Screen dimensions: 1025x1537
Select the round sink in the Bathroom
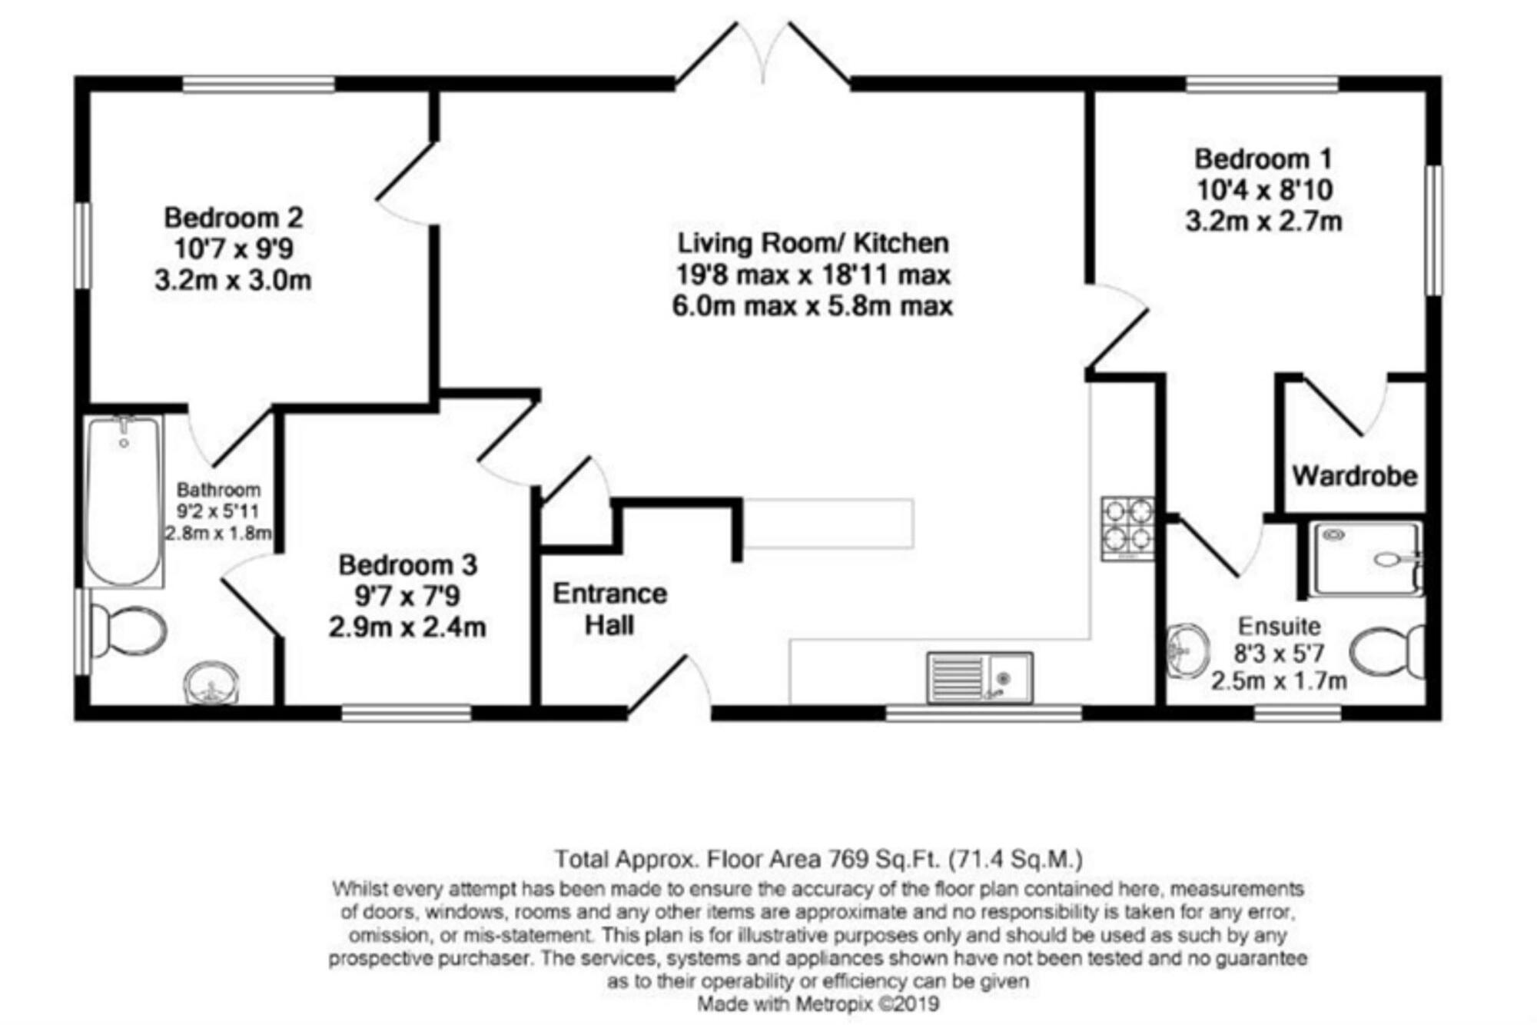point(211,683)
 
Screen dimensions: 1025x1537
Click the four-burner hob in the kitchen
point(1127,528)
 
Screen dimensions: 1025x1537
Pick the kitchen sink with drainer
point(980,677)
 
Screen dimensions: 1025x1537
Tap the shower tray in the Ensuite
point(1366,559)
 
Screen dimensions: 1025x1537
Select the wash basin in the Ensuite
point(1187,651)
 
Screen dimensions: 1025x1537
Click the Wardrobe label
point(1354,476)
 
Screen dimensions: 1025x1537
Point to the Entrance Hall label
point(609,609)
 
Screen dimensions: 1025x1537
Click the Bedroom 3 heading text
point(408,565)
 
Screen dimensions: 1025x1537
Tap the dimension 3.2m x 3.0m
point(233,281)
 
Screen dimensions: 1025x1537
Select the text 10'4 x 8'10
point(1264,190)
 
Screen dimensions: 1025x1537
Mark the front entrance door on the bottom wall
point(669,684)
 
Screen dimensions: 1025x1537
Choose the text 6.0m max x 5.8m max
point(812,306)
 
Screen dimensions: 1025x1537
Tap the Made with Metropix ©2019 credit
point(818,1004)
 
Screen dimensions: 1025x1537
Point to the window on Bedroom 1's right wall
point(1433,231)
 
